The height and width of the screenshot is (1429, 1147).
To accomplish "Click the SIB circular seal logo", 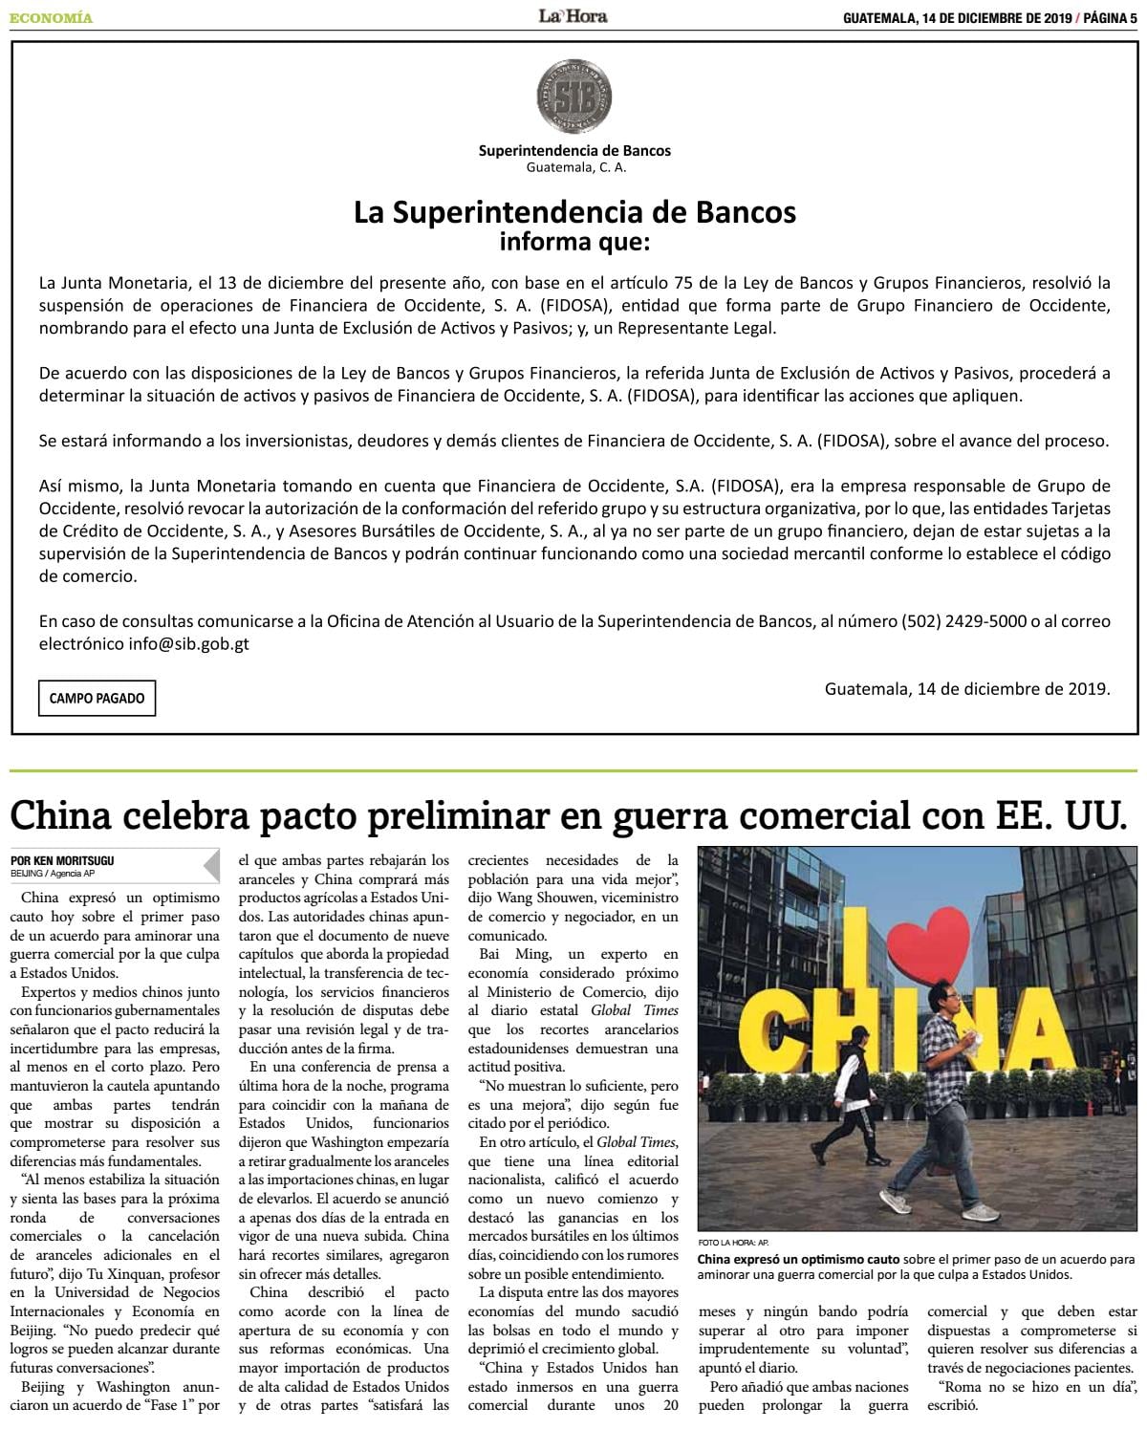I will (573, 97).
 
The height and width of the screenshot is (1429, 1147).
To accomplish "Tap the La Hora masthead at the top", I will (573, 15).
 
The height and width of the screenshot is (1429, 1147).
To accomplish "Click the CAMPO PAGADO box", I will (97, 698).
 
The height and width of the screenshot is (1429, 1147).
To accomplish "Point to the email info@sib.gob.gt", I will (188, 643).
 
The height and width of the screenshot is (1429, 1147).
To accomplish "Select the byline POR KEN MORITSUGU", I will (63, 860).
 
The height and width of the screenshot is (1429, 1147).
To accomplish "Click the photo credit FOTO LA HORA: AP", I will (733, 1243).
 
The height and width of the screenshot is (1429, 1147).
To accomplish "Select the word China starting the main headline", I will (61, 815).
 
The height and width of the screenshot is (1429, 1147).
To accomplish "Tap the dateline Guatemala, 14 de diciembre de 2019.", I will (967, 688).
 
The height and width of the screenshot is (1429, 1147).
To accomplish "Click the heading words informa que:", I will (573, 242).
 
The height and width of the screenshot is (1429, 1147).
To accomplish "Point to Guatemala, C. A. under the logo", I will (575, 167).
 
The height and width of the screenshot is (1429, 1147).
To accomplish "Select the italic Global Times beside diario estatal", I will (635, 1010).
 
